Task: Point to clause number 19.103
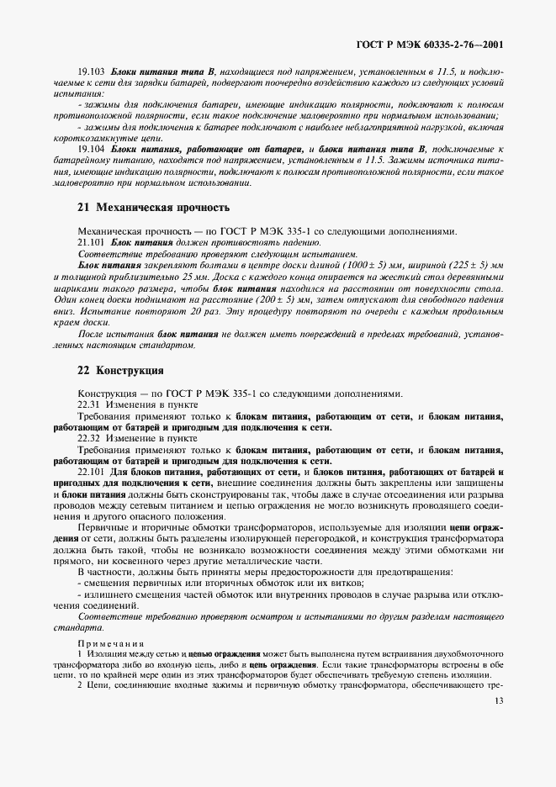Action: pos(91,76)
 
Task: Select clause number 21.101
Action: pos(91,241)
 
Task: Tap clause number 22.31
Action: pos(88,404)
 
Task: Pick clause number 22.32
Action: pos(88,438)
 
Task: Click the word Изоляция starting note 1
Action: pos(103,653)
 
